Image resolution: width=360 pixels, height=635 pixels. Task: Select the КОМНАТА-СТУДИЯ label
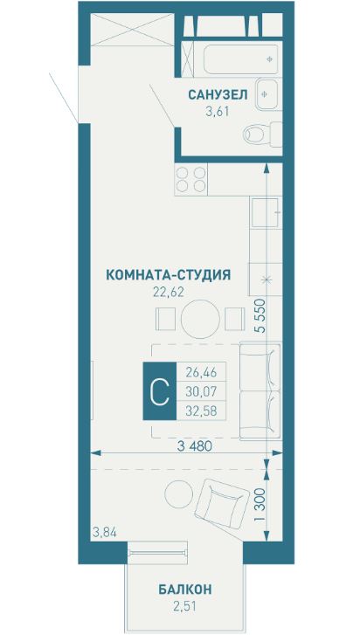[x=168, y=274]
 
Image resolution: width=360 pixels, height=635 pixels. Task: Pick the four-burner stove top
[x=191, y=179]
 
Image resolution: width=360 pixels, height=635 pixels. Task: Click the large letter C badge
[x=159, y=392]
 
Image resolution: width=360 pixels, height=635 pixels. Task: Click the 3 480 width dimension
[x=195, y=445]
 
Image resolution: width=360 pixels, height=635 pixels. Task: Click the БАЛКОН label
[x=185, y=590]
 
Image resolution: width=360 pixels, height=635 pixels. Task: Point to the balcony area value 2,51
[x=185, y=606]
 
